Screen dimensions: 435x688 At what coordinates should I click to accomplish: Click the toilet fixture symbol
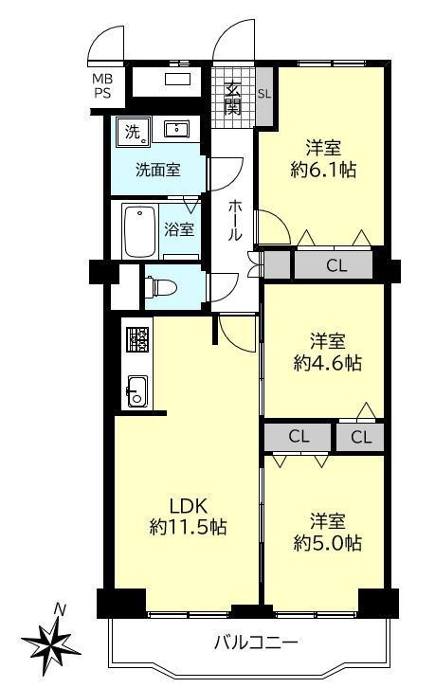point(161,287)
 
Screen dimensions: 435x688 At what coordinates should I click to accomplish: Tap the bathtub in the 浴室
point(140,231)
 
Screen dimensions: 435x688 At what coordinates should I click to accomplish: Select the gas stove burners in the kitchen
point(138,339)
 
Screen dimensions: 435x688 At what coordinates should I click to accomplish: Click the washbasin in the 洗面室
point(177,129)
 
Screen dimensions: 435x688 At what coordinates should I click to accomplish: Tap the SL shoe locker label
point(264,94)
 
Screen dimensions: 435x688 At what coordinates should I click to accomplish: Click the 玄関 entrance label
point(232,99)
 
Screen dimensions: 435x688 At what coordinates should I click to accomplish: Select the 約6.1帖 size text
point(323,169)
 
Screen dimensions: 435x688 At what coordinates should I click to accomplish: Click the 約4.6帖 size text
point(328,363)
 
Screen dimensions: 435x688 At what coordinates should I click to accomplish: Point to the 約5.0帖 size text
point(328,543)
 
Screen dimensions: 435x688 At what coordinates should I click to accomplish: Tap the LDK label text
point(188,506)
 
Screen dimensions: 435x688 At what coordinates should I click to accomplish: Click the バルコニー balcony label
point(256,643)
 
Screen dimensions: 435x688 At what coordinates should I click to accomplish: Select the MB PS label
point(102,86)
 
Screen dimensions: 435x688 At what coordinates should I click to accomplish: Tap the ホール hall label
point(235,220)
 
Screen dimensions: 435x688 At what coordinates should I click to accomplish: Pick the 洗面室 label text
point(158,170)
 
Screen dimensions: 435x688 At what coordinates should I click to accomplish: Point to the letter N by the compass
point(60,609)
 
